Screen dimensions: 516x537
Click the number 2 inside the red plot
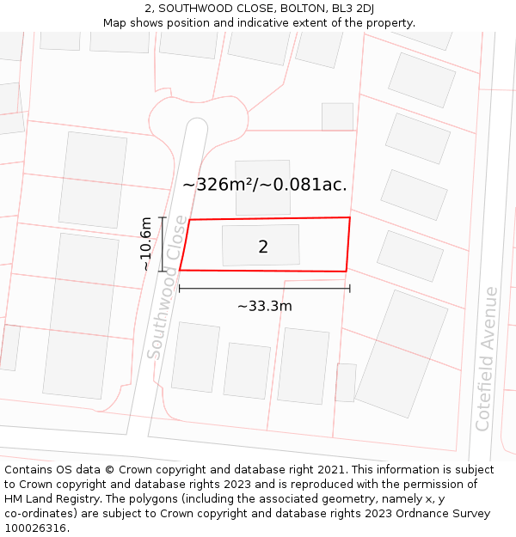point(263,247)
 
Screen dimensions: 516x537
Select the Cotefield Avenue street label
point(486,358)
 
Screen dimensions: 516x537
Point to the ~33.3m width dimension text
point(265,306)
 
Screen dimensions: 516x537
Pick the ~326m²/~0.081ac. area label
point(265,184)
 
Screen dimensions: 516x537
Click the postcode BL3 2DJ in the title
point(355,9)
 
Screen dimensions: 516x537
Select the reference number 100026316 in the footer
point(38,528)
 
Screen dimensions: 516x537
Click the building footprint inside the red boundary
point(261,245)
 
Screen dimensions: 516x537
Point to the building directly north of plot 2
point(262,187)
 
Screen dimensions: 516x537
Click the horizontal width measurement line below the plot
point(264,289)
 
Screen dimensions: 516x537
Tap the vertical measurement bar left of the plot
point(163,244)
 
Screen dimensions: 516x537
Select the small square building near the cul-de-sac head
point(337,117)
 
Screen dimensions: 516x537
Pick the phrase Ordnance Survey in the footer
point(448,514)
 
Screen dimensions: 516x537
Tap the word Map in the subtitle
point(115,23)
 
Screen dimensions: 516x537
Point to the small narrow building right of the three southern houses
point(346,382)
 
